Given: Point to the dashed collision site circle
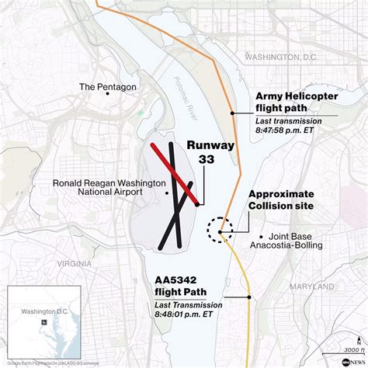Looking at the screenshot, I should [x=220, y=230].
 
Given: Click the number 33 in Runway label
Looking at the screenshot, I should [x=206, y=159].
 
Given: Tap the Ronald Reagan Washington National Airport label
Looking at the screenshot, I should [x=109, y=188].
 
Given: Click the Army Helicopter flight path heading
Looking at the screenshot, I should [x=295, y=102].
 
